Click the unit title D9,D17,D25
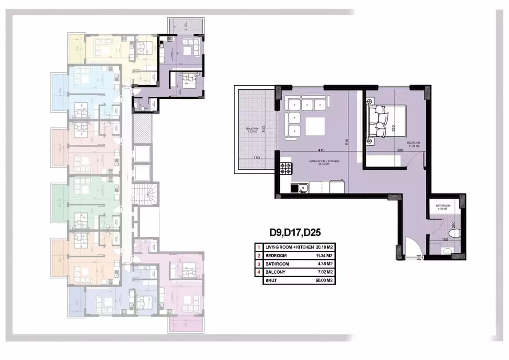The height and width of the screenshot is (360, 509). pyautogui.click(x=295, y=232)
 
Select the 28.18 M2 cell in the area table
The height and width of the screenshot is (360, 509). pyautogui.click(x=325, y=247)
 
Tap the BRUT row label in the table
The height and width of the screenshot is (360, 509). pyautogui.click(x=271, y=280)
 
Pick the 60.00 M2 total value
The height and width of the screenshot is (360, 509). pyautogui.click(x=325, y=280)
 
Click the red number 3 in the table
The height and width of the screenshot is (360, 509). pyautogui.click(x=259, y=264)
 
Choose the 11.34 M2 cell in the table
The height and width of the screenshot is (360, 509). pyautogui.click(x=325, y=256)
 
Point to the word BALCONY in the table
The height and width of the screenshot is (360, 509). pyautogui.click(x=275, y=272)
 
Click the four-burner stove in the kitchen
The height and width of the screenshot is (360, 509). pyautogui.click(x=287, y=168)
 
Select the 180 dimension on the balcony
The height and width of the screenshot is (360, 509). pyautogui.click(x=257, y=158)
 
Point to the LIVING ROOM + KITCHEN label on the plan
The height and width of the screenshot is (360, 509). pyautogui.click(x=324, y=162)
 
